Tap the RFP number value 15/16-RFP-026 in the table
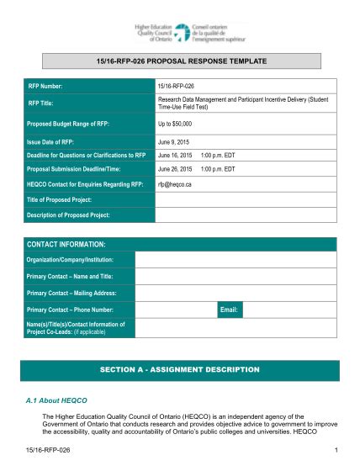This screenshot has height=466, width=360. pyautogui.click(x=179, y=87)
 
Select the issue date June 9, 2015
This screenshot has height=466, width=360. pyautogui.click(x=174, y=142)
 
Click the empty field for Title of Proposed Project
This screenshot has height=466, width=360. pyautogui.click(x=246, y=199)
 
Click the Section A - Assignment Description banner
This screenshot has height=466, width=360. pyautogui.click(x=180, y=369)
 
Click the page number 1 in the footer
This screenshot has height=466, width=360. pyautogui.click(x=335, y=451)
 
